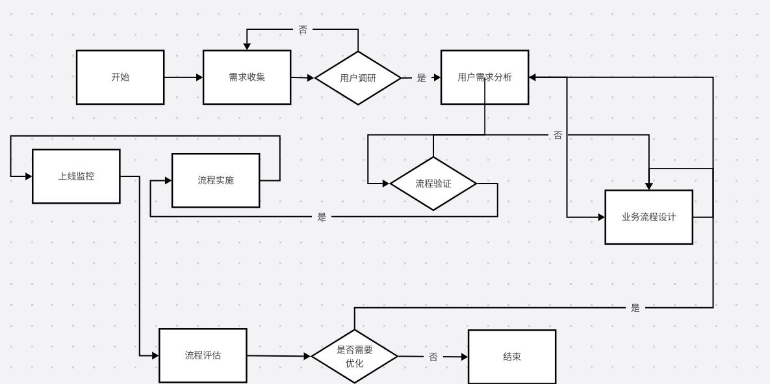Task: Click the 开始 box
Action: (x=120, y=77)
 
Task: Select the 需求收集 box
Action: (x=247, y=77)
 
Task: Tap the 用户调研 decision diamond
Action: (x=357, y=78)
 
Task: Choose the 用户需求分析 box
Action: (x=485, y=77)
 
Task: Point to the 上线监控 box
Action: (x=76, y=176)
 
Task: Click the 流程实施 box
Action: (x=216, y=180)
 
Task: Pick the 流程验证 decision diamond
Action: (x=433, y=184)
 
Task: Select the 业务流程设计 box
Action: (x=648, y=217)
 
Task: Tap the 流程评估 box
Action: (x=203, y=355)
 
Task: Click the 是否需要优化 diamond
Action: (x=355, y=356)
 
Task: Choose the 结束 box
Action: (x=512, y=357)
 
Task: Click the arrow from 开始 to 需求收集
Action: (x=183, y=77)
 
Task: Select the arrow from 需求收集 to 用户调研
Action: (x=303, y=77)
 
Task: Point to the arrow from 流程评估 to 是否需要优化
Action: (x=279, y=356)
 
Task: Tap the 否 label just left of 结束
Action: (x=433, y=357)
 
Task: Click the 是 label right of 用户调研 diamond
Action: (x=421, y=78)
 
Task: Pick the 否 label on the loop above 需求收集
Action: (x=303, y=29)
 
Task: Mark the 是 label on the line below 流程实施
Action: (x=322, y=217)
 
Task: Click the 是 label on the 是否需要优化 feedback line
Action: (x=635, y=308)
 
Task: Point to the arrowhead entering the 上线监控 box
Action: (x=29, y=176)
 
